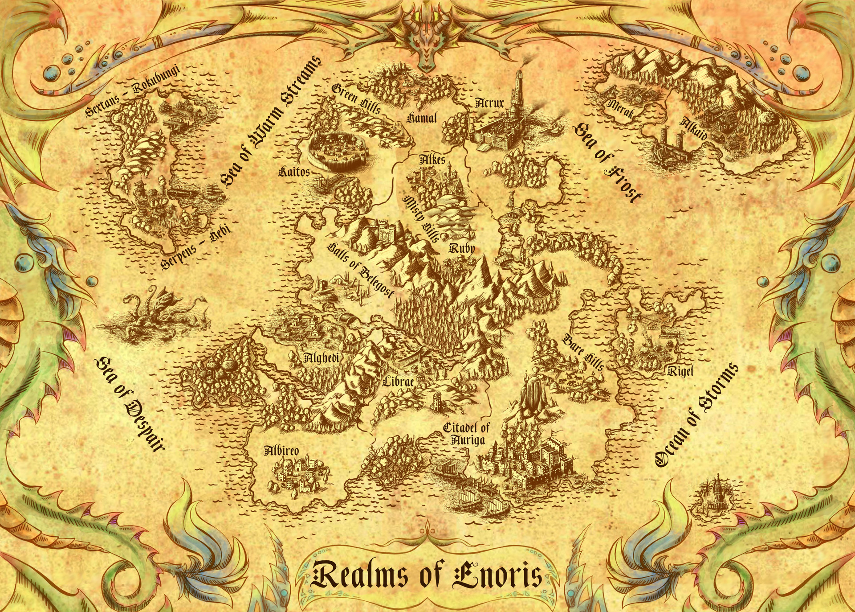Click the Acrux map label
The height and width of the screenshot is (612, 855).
tap(489, 103)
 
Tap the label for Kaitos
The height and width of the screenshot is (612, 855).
tap(293, 171)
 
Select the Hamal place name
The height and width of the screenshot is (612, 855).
tap(422, 118)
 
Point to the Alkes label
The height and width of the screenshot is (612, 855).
tap(432, 159)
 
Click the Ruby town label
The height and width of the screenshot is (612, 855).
tap(462, 248)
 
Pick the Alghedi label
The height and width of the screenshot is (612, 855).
tap(322, 357)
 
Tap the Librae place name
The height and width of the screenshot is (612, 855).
tap(399, 382)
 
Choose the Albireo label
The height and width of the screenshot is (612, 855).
tap(281, 450)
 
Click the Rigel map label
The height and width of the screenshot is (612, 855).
tap(680, 370)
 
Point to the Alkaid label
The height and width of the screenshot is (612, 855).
tap(693, 129)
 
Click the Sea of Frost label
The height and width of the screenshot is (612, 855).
tap(608, 163)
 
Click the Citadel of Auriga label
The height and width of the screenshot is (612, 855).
tap(466, 434)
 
